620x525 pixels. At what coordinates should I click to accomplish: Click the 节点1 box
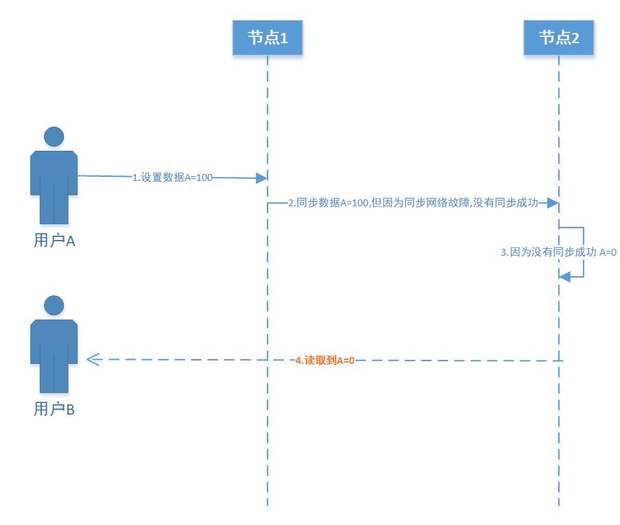click(267, 38)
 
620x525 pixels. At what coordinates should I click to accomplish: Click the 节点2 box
click(559, 38)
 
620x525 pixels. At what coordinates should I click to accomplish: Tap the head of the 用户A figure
click(54, 136)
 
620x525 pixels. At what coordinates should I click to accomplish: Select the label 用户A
click(54, 241)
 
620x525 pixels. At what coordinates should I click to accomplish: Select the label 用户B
click(54, 409)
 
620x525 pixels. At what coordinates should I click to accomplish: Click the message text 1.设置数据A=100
click(172, 178)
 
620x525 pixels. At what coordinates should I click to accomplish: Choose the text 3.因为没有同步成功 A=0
click(558, 252)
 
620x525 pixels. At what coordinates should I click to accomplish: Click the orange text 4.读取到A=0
click(324, 360)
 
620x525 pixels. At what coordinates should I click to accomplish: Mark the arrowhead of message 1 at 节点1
click(261, 178)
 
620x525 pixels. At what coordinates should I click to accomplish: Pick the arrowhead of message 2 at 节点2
click(553, 204)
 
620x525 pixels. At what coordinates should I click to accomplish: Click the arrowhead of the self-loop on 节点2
click(564, 276)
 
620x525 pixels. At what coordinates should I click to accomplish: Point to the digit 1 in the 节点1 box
click(283, 39)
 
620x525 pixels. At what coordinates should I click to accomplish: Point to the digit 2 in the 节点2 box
click(575, 39)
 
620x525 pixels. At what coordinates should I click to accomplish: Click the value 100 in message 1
click(204, 178)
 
